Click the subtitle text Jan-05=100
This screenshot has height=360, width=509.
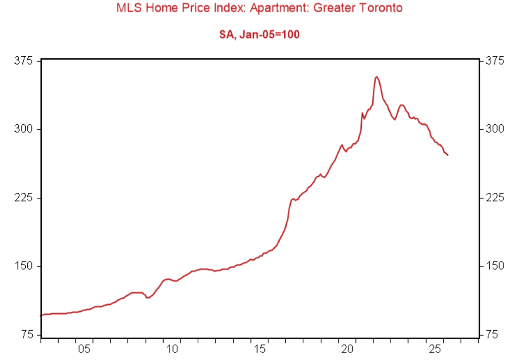(271, 35)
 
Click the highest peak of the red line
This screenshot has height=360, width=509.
(377, 77)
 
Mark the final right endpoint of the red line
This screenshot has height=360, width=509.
(448, 155)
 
